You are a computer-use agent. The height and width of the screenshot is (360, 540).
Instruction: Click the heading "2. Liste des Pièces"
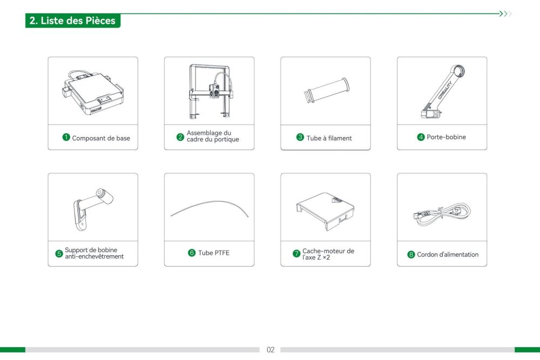tap(73, 21)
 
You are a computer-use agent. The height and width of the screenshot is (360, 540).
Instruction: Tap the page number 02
tap(271, 350)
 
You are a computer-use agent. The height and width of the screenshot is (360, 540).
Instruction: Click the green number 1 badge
tap(66, 137)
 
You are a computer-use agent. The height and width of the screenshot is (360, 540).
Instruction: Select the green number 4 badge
tap(421, 137)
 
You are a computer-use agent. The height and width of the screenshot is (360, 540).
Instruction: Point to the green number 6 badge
tap(192, 253)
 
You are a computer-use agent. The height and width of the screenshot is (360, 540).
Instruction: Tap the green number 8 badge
tap(411, 254)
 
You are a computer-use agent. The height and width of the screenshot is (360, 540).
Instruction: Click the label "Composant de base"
tap(101, 138)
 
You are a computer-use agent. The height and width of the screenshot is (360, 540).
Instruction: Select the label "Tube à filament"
tap(329, 138)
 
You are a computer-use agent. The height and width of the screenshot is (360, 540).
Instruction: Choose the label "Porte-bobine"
tap(447, 137)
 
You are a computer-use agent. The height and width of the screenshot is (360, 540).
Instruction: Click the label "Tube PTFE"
tap(213, 253)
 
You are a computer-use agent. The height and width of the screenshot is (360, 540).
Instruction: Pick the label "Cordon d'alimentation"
tap(448, 254)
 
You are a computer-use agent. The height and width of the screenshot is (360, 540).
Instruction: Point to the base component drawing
tap(93, 92)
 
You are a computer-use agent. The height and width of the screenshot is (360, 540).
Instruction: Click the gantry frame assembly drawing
tap(210, 92)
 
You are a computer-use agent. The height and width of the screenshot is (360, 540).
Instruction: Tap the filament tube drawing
tap(326, 90)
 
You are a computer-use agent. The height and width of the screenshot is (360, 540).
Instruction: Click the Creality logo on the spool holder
tap(446, 91)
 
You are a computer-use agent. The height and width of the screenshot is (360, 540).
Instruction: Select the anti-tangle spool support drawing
tap(93, 209)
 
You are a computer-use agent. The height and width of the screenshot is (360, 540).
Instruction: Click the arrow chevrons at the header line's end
tap(505, 14)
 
